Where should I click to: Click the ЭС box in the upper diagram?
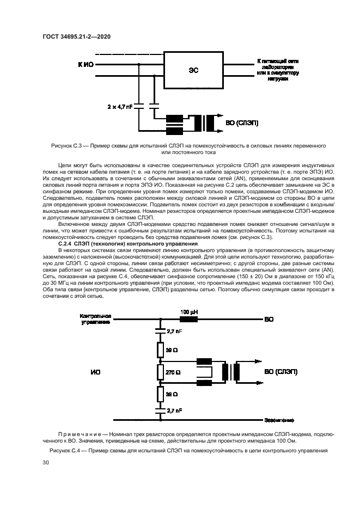193,70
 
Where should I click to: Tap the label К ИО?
86,64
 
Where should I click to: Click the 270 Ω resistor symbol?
160,372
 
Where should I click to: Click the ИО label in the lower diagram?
95,372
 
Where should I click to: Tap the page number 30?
46,462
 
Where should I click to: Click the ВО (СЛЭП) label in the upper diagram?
242,123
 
